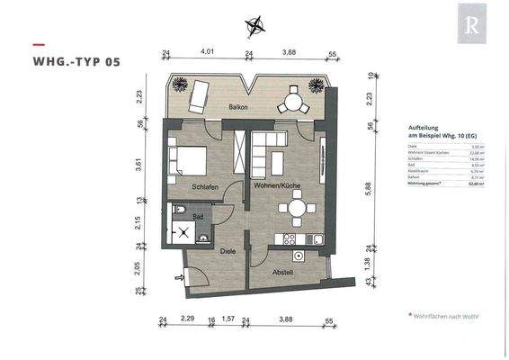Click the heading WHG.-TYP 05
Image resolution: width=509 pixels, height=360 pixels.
[76, 63]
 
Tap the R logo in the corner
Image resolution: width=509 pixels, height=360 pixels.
[470, 27]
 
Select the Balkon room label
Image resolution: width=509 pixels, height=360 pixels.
[238, 107]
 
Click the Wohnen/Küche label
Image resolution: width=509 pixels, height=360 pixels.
[276, 185]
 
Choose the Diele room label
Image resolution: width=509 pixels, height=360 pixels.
[228, 253]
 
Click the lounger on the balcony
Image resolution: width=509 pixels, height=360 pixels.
[200, 95]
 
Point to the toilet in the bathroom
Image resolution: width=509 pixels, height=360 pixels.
[180, 212]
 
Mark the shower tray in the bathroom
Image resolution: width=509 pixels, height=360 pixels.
[188, 235]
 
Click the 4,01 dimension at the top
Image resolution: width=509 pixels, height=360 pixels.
[208, 53]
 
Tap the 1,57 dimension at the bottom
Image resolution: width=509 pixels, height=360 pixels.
[228, 319]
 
